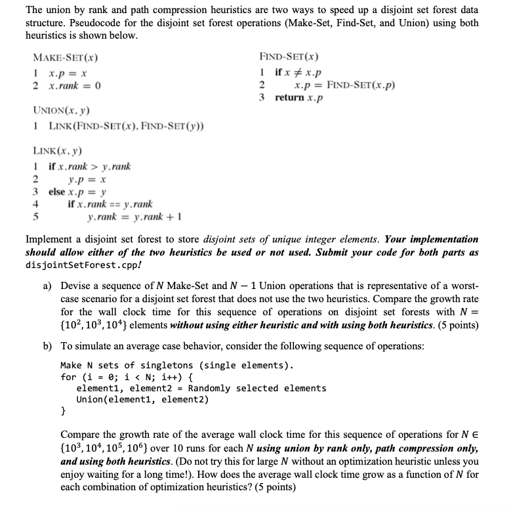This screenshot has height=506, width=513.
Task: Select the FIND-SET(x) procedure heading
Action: pos(289,58)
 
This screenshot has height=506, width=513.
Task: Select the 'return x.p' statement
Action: pos(299,98)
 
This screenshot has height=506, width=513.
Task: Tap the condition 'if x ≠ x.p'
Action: pos(298,72)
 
